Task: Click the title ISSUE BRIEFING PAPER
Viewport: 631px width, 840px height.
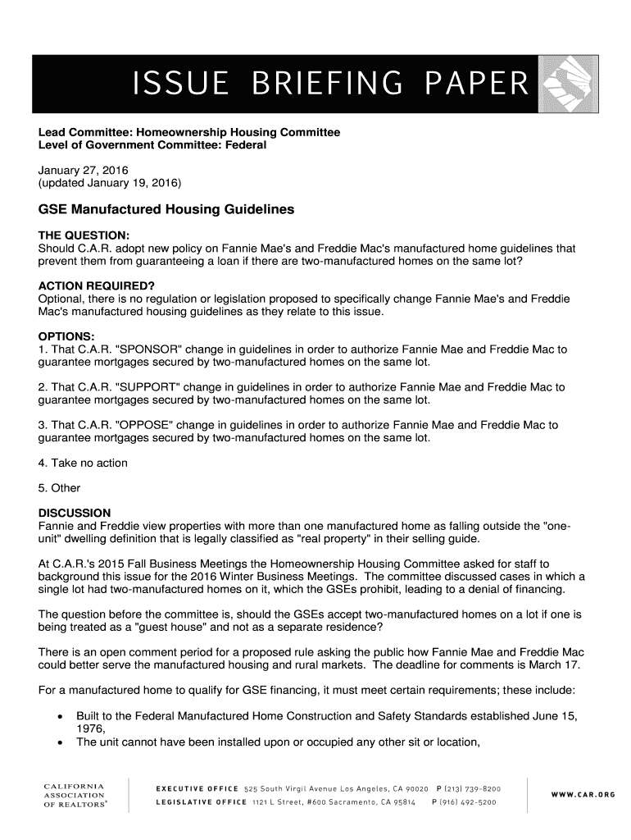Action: [330, 84]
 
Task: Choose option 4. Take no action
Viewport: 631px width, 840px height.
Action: [83, 463]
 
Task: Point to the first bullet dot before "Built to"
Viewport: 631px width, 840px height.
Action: [60, 716]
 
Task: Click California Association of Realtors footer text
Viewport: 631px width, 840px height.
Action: [74, 795]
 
